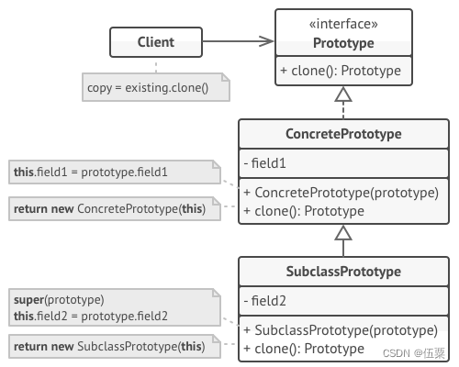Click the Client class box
point(156,42)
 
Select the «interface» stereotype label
point(343,24)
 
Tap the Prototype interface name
point(343,43)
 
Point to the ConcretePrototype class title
point(343,134)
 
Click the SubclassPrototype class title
point(343,272)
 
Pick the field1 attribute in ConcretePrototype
point(265,163)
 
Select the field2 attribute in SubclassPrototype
point(265,301)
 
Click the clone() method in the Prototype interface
point(341,71)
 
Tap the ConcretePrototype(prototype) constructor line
point(341,193)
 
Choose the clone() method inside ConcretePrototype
point(304,211)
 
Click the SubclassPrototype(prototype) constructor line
point(341,330)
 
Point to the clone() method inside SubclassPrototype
point(304,349)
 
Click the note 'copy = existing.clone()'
point(156,87)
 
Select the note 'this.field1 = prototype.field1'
point(115,172)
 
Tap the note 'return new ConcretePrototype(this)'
point(115,209)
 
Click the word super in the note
point(28,300)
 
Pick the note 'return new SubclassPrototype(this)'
point(115,346)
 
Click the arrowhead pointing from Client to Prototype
point(266,41)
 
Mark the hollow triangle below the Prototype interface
point(343,94)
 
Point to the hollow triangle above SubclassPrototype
point(343,232)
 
